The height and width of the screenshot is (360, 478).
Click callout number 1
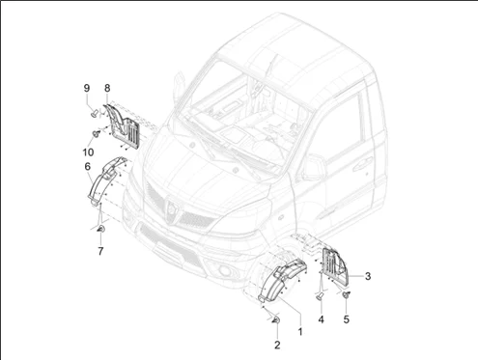tap(300, 332)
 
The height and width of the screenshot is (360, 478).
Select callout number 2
tap(277, 346)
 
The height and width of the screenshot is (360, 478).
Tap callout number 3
tap(368, 276)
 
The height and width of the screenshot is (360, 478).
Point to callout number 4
tap(321, 319)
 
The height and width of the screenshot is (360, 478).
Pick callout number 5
tap(346, 319)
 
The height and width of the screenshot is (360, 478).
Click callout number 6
tap(88, 167)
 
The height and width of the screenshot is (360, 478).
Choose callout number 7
tap(100, 251)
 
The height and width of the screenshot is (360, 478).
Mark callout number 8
tap(107, 88)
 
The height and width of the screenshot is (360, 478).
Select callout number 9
tap(87, 88)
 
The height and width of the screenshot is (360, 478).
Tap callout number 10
tap(88, 152)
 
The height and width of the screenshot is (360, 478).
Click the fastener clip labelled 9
tap(95, 113)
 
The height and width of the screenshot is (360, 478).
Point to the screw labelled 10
tap(96, 133)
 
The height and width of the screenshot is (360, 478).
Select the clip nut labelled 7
tap(101, 229)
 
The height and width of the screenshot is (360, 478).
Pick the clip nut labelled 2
tap(276, 319)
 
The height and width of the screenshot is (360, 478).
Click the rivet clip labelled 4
tap(321, 296)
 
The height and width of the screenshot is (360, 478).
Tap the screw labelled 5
tap(347, 294)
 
